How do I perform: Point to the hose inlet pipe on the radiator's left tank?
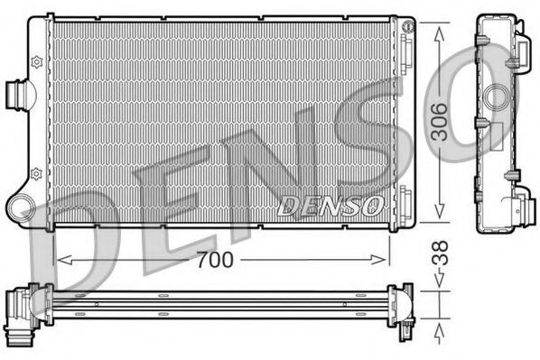click(x=17, y=94)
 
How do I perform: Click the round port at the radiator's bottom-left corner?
click(x=20, y=209)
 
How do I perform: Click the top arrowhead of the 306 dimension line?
click(x=439, y=31)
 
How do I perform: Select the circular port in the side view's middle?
click(x=495, y=97)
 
